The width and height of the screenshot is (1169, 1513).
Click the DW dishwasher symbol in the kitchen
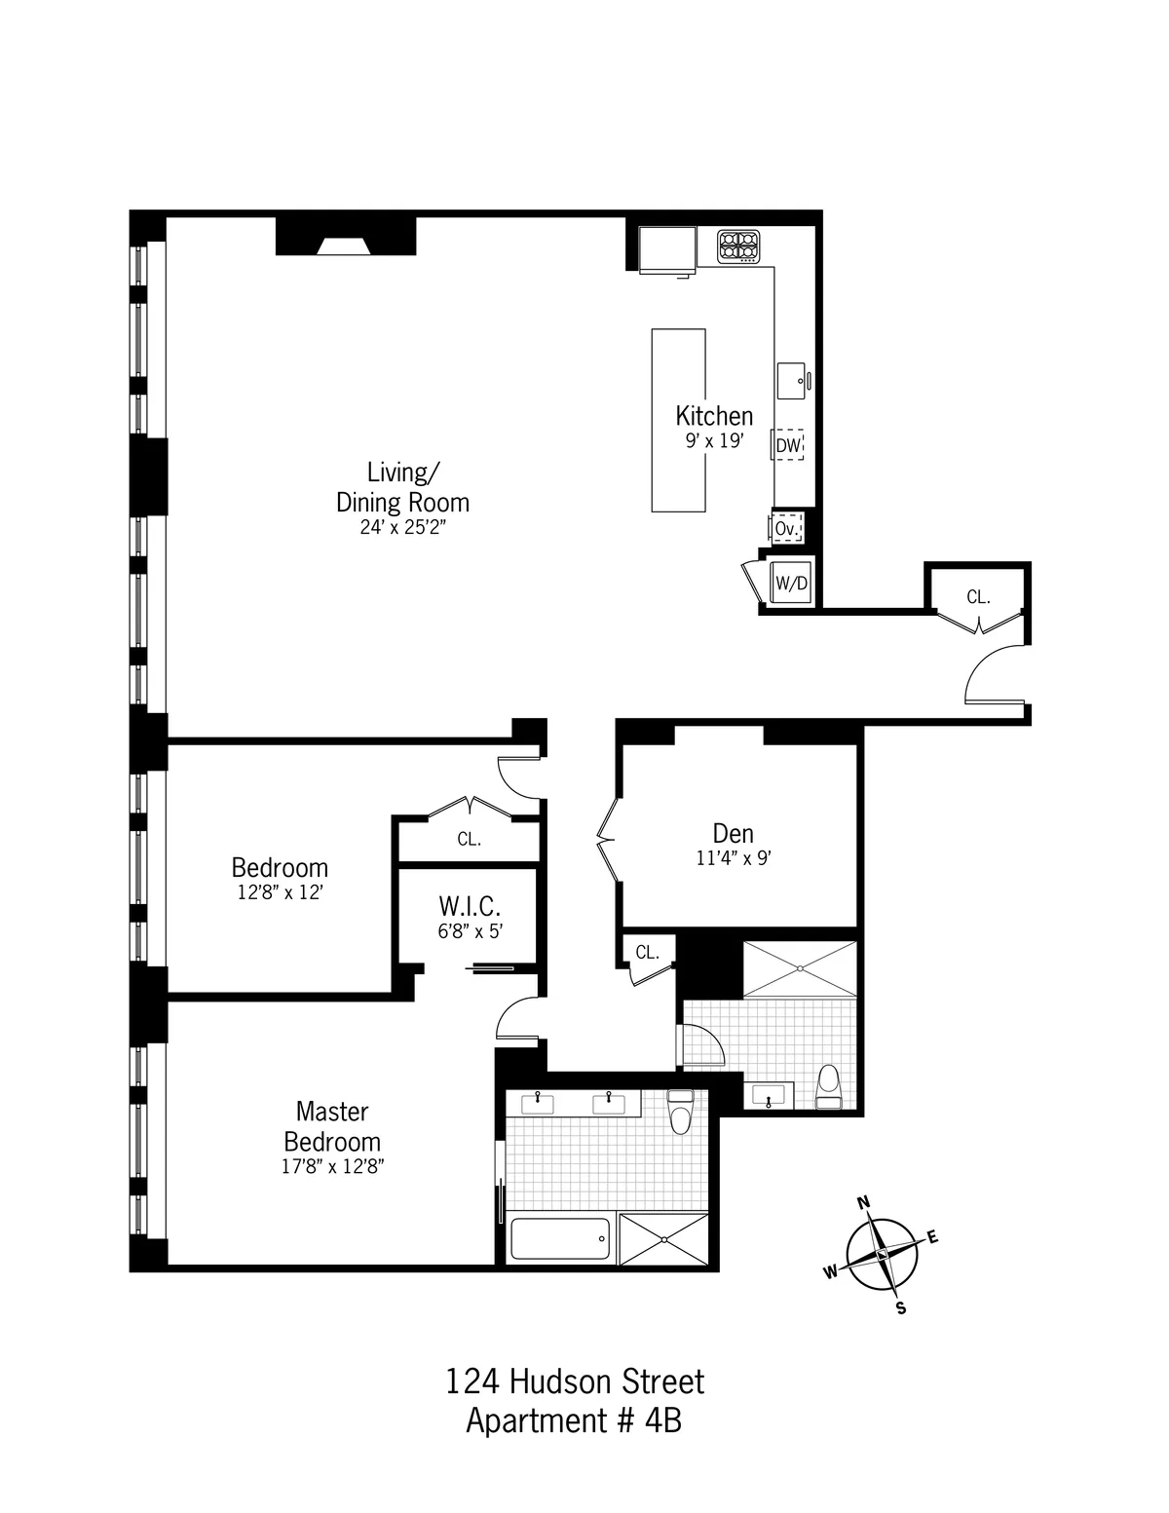pyautogui.click(x=788, y=446)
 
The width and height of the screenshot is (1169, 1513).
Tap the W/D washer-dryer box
pyautogui.click(x=790, y=585)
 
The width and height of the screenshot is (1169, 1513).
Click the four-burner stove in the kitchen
pyautogui.click(x=739, y=246)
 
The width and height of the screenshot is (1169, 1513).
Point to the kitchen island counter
pyautogui.click(x=678, y=420)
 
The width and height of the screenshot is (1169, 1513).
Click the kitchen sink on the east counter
pyautogui.click(x=792, y=379)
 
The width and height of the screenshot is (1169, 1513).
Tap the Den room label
pyautogui.click(x=733, y=834)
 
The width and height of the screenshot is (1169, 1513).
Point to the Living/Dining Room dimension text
pyautogui.click(x=402, y=527)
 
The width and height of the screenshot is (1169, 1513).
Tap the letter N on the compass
pyautogui.click(x=862, y=1203)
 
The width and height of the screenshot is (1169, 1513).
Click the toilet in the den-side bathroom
pyautogui.click(x=829, y=1087)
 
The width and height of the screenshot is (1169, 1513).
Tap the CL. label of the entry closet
pyautogui.click(x=978, y=597)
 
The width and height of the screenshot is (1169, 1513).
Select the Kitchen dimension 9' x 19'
pyautogui.click(x=714, y=441)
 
